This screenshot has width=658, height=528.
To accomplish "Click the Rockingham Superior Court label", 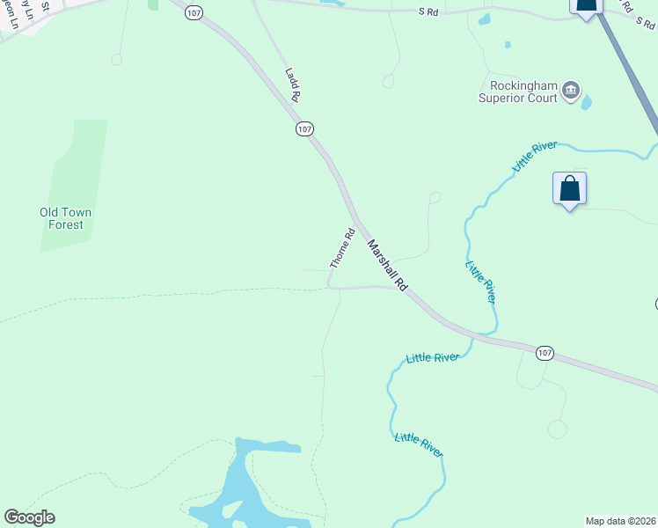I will (518, 92).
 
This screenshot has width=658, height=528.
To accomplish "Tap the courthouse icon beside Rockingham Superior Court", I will (572, 89).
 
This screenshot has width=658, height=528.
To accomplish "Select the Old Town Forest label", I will (66, 218).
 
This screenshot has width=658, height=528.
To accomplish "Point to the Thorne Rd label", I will (341, 248).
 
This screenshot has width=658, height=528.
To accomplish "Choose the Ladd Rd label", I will (293, 84).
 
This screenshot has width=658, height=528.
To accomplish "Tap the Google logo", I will (29, 517).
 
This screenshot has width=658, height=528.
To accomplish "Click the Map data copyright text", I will (621, 520).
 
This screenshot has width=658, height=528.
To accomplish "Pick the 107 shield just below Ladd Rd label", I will (304, 128).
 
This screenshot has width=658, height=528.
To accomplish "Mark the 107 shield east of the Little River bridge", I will (545, 353).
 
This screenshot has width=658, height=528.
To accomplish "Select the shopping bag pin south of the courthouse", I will (569, 188).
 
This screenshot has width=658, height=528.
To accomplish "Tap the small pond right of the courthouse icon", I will (587, 101).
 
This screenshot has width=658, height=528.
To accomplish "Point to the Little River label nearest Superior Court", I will (535, 156).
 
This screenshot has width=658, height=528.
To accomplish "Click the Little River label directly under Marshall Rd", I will (480, 282).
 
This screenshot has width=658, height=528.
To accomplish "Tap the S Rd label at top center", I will (428, 11).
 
